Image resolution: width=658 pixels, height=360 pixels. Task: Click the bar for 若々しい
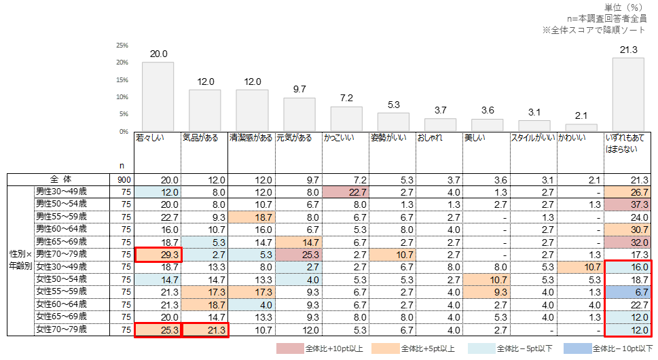tap(158, 96)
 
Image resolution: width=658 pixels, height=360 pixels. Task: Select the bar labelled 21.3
tap(628, 94)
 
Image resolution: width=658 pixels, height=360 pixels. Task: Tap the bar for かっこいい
tap(346, 119)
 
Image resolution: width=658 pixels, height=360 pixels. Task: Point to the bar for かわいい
tap(581, 128)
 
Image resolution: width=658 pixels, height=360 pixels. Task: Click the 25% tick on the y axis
tap(122, 46)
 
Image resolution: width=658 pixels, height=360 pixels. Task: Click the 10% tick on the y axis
tap(122, 97)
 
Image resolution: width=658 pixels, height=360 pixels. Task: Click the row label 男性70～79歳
tap(61, 253)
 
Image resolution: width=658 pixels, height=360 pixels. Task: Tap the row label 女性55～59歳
tap(61, 291)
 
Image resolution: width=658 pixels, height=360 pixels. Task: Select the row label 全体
tap(62, 179)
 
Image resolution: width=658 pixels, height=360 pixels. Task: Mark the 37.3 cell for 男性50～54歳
tap(628, 204)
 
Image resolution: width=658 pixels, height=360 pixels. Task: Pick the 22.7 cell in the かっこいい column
tap(346, 192)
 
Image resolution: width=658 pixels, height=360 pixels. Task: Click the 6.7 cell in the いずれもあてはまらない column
tap(628, 291)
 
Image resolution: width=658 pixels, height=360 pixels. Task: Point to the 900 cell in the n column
tap(125, 179)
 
